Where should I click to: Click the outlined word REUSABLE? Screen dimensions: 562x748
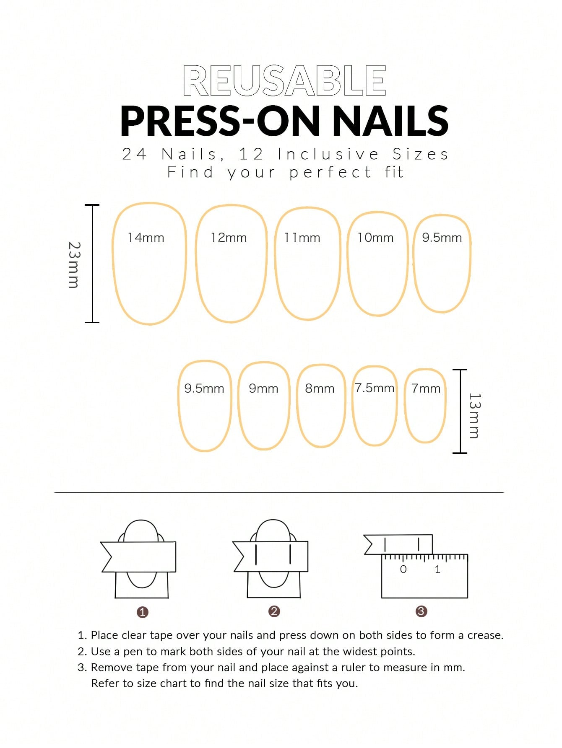click(x=284, y=81)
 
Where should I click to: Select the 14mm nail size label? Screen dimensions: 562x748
click(x=146, y=238)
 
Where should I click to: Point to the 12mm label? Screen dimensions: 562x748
click(x=229, y=238)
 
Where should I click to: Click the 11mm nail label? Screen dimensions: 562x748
click(x=302, y=238)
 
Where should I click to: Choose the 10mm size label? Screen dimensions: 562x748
click(x=375, y=238)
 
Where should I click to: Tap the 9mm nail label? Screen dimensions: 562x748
click(x=263, y=388)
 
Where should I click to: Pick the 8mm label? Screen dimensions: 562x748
click(x=320, y=388)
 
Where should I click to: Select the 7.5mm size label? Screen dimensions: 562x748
click(x=375, y=388)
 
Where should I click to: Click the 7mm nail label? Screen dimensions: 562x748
click(x=426, y=388)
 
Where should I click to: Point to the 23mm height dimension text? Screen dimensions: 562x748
click(x=74, y=265)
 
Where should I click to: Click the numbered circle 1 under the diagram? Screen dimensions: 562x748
click(x=143, y=612)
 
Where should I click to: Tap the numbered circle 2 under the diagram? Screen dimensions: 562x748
click(x=274, y=611)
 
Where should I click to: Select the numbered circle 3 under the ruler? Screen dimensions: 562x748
click(x=421, y=611)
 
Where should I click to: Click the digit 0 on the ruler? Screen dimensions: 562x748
click(x=403, y=569)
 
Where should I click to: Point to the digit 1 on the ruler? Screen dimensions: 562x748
click(x=437, y=569)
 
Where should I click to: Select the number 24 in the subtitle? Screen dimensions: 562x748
click(x=134, y=154)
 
